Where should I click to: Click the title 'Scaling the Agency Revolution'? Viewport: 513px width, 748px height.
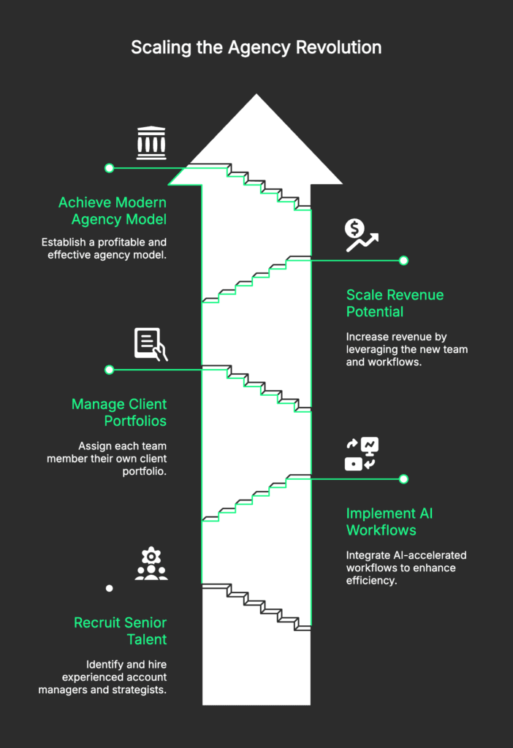tap(256, 47)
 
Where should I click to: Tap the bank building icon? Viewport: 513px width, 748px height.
tap(151, 142)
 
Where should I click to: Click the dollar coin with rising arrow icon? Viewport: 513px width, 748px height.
tap(361, 235)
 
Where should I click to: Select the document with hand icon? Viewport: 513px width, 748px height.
tap(151, 344)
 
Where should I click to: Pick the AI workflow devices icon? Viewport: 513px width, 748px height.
tap(361, 454)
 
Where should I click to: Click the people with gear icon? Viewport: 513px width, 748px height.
tap(151, 563)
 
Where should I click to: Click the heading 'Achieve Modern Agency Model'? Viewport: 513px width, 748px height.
tap(113, 211)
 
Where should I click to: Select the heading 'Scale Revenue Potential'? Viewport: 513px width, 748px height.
tap(395, 303)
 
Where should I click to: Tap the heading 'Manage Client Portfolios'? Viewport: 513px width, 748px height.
tap(119, 413)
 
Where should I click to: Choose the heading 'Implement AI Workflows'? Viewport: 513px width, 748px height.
tap(389, 522)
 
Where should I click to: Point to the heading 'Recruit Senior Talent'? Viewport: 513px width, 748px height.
tap(121, 631)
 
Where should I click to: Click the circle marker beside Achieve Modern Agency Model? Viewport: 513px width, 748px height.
tap(110, 168)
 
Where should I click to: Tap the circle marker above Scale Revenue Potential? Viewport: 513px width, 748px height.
tap(403, 261)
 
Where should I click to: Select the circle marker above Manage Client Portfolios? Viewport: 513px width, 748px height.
tap(110, 370)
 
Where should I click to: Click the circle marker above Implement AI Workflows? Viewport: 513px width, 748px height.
tap(403, 479)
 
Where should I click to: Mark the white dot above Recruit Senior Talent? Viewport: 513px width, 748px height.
tap(110, 588)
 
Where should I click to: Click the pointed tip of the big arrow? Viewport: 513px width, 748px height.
tap(256, 94)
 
